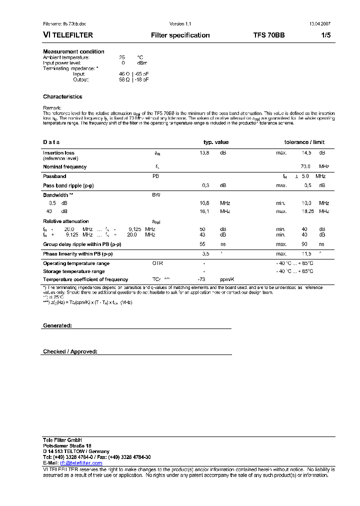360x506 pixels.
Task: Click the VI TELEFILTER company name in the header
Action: [68, 35]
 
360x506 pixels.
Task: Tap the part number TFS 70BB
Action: [269, 35]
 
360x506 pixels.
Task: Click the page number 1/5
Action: [325, 35]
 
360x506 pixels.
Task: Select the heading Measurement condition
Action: [73, 51]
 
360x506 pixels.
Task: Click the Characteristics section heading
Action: [62, 96]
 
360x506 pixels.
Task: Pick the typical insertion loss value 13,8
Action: [204, 153]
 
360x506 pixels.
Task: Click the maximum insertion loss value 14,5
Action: [306, 153]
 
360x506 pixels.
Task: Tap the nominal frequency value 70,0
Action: [305, 166]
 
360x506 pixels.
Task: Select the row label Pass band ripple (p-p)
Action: [68, 185]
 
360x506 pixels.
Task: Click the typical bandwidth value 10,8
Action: [204, 203]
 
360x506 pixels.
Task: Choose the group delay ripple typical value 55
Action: [202, 244]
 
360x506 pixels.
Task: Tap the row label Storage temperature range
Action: [74, 271]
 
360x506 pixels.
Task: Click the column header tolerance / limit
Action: [304, 142]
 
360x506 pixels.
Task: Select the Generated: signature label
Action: [57, 325]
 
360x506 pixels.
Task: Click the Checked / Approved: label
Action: [70, 351]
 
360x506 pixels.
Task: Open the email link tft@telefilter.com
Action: [81, 463]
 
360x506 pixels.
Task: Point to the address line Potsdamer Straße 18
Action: [67, 445]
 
